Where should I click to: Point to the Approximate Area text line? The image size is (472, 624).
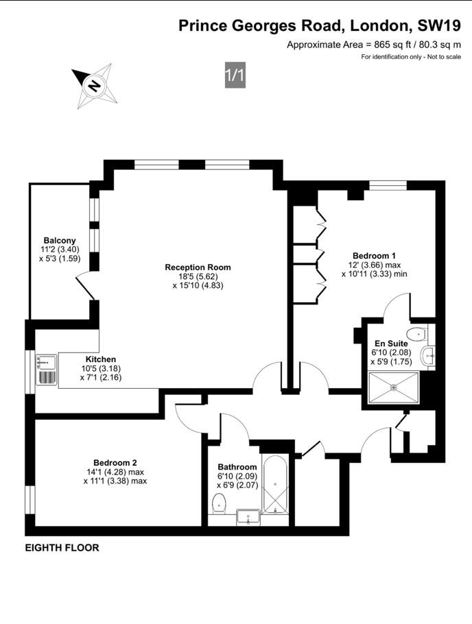[373, 45]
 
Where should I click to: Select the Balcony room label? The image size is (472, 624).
[60, 240]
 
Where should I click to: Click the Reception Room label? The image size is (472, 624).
[198, 267]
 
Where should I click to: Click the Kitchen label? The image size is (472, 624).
[100, 359]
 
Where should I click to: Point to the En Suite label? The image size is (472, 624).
[391, 343]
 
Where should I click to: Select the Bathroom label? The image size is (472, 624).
[237, 467]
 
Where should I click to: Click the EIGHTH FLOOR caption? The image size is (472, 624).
[62, 548]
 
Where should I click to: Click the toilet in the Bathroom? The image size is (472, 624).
[219, 502]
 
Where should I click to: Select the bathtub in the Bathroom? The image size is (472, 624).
[276, 485]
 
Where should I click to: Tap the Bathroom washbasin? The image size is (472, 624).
[248, 516]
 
